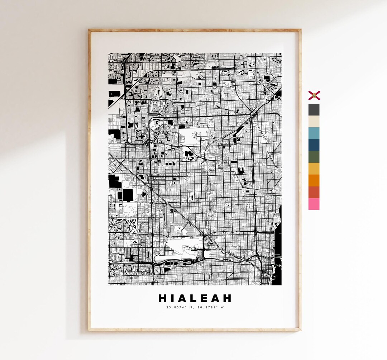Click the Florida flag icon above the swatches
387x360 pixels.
[x=314, y=95]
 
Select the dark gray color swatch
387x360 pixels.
[x=314, y=110]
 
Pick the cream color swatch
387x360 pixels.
[x=314, y=122]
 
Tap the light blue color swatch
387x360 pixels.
[x=314, y=133]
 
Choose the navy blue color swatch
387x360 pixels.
[x=314, y=145]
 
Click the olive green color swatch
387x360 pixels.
[x=314, y=157]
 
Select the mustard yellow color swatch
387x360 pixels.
[x=314, y=169]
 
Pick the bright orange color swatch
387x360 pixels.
[x=314, y=180]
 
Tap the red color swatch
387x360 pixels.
[x=314, y=192]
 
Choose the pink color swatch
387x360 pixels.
[x=314, y=204]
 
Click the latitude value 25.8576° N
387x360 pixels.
[x=179, y=307]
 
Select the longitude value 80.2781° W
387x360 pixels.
[x=210, y=307]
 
